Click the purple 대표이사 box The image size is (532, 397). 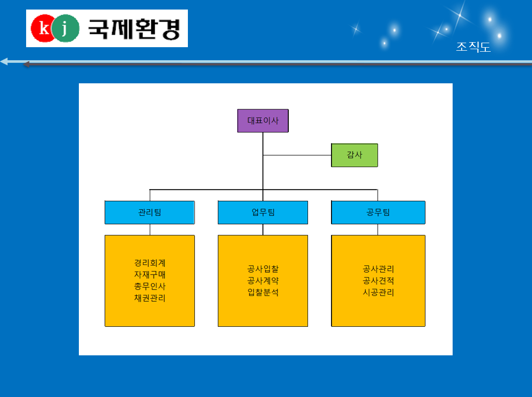click(263, 120)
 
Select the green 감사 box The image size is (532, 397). click(355, 155)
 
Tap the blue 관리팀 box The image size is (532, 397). click(150, 213)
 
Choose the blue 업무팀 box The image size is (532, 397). click(263, 213)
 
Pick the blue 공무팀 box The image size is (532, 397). click(378, 213)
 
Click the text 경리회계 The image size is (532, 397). click(150, 263)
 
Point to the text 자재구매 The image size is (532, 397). click(150, 275)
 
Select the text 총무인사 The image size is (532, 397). click(150, 287)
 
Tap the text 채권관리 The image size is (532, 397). click(150, 298)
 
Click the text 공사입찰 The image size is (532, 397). click(263, 269)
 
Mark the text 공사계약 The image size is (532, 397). click(263, 281)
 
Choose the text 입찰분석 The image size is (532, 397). click(263, 293)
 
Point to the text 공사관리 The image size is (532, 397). click(378, 269)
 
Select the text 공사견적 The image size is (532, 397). click(378, 281)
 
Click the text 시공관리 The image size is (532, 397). click(378, 293)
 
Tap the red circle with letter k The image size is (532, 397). click(43, 28)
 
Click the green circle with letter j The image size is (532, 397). click(65, 28)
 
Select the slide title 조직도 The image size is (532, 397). click(473, 47)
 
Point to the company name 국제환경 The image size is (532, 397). click(134, 29)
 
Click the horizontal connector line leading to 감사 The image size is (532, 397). click(297, 155)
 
